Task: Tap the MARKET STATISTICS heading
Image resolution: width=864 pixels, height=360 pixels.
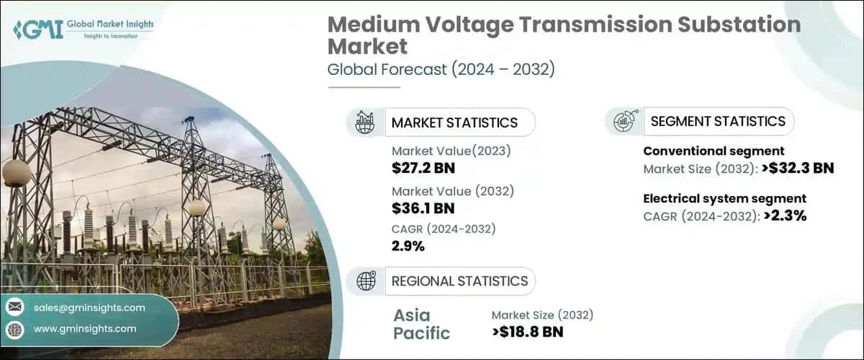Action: [454, 122]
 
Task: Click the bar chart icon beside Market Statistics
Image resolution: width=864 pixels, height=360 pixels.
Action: [365, 122]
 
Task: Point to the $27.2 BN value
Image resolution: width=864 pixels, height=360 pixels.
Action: [423, 169]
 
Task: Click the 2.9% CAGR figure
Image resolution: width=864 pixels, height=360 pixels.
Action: [408, 246]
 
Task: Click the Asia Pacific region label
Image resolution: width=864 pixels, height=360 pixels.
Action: [422, 324]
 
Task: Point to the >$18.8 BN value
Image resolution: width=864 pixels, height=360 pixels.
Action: [528, 331]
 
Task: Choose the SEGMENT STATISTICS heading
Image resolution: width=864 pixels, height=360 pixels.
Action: [718, 121]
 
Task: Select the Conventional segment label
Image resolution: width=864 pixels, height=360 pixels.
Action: [713, 151]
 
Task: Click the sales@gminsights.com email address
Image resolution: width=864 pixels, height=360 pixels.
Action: [89, 307]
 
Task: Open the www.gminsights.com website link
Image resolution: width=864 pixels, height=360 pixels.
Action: [85, 329]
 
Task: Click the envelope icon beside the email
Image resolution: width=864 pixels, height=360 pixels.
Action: [14, 307]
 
